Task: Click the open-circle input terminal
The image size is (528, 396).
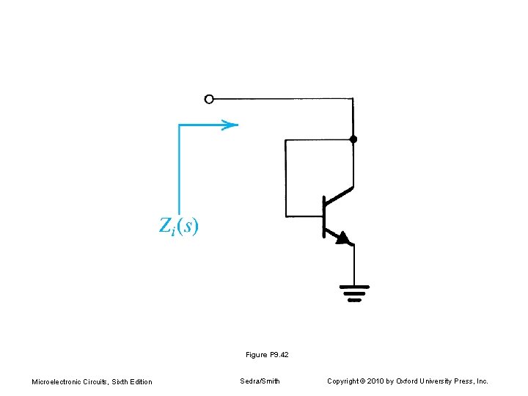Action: pos(209,99)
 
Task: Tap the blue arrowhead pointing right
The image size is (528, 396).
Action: pos(230,125)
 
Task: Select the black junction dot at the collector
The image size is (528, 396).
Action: pos(353,139)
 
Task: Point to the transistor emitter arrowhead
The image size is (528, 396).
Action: pos(342,238)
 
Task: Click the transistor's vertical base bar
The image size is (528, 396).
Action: pos(323,216)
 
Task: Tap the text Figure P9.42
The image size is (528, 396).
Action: pos(267,355)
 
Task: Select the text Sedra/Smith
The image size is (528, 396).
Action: pos(260,381)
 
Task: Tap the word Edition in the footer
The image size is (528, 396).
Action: pos(139,381)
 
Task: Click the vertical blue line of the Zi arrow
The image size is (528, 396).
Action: pos(179,169)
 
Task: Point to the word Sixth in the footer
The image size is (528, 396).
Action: pos(120,381)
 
